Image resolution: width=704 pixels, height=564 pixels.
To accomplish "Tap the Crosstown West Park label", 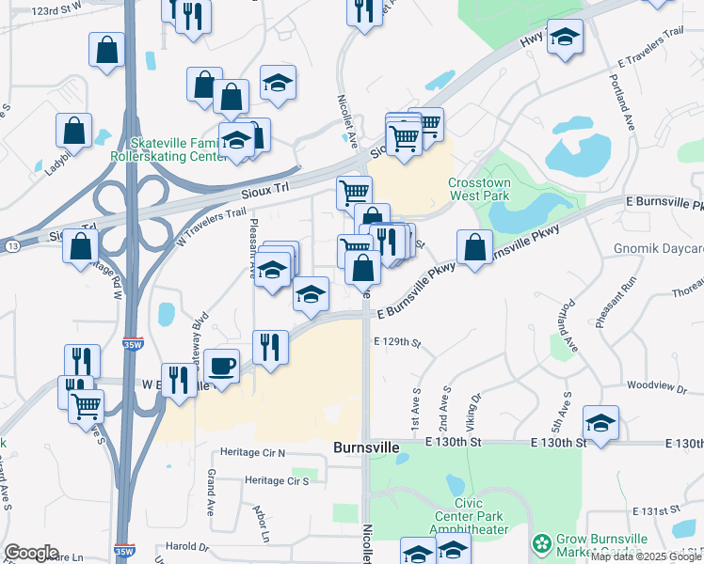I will click(x=478, y=190).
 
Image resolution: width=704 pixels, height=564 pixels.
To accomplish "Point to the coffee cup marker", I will click(x=221, y=365).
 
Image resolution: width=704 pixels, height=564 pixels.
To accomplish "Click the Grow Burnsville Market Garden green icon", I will click(x=541, y=544).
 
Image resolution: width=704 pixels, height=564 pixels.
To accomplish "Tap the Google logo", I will click(x=31, y=553).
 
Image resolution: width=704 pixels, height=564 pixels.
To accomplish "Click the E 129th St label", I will click(x=396, y=343).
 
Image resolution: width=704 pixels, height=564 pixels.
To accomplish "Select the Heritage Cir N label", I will click(x=251, y=453).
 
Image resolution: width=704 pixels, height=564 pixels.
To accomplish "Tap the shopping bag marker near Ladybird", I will click(x=74, y=130).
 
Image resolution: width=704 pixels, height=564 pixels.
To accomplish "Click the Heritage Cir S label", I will click(x=277, y=481).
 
